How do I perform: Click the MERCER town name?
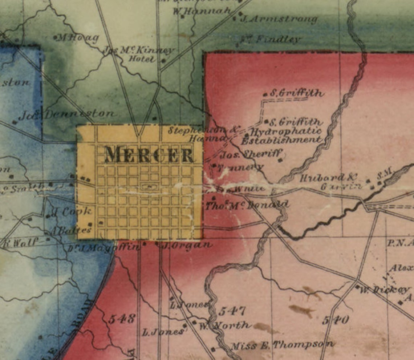pos(149,155)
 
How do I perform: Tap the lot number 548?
pos(121,319)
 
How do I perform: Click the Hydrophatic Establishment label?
pos(282,135)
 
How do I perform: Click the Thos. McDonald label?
pos(247,205)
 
